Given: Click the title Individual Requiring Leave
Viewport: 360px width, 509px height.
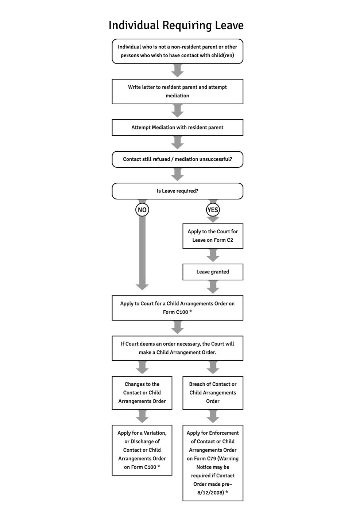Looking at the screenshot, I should [176, 26].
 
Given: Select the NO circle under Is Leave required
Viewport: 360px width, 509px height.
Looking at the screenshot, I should [142, 210].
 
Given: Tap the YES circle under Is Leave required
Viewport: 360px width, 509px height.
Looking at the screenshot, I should [213, 210].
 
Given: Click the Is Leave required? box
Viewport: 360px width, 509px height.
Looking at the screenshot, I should [177, 191].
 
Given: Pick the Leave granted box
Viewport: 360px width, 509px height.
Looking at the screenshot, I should [213, 272].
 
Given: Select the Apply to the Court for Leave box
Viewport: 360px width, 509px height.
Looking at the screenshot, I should [213, 236].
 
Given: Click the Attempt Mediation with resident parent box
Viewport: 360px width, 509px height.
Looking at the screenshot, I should [177, 128].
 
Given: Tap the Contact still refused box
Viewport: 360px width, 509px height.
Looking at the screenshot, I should [177, 159].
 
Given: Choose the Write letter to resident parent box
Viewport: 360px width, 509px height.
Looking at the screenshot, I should [177, 92].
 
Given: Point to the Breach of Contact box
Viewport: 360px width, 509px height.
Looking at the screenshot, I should [213, 393].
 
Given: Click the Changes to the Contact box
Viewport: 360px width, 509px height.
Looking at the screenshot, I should [142, 393].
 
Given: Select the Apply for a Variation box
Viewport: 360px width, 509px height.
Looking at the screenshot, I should [142, 450].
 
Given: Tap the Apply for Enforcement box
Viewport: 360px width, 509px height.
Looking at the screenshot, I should [213, 463].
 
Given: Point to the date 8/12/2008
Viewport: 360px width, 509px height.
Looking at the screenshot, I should [210, 493].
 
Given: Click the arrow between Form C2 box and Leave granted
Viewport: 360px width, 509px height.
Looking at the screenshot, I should [213, 256].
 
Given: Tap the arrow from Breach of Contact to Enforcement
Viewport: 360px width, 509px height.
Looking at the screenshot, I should [213, 416].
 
